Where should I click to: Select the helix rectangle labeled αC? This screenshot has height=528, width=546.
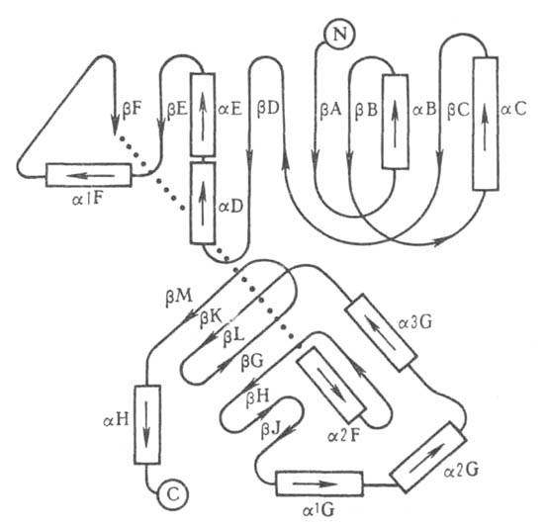pyautogui.click(x=485, y=124)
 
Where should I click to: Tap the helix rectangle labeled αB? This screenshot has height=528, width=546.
pyautogui.click(x=395, y=122)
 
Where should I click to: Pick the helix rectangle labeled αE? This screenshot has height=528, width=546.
pyautogui.click(x=203, y=115)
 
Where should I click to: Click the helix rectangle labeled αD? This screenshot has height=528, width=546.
pyautogui.click(x=203, y=203)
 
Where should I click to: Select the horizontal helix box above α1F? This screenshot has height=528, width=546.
pyautogui.click(x=89, y=175)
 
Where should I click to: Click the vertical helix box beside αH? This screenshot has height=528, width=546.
pyautogui.click(x=147, y=424)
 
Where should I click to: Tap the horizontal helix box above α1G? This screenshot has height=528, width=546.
pyautogui.click(x=319, y=484)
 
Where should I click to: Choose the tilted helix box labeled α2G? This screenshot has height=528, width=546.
pyautogui.click(x=428, y=457)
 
